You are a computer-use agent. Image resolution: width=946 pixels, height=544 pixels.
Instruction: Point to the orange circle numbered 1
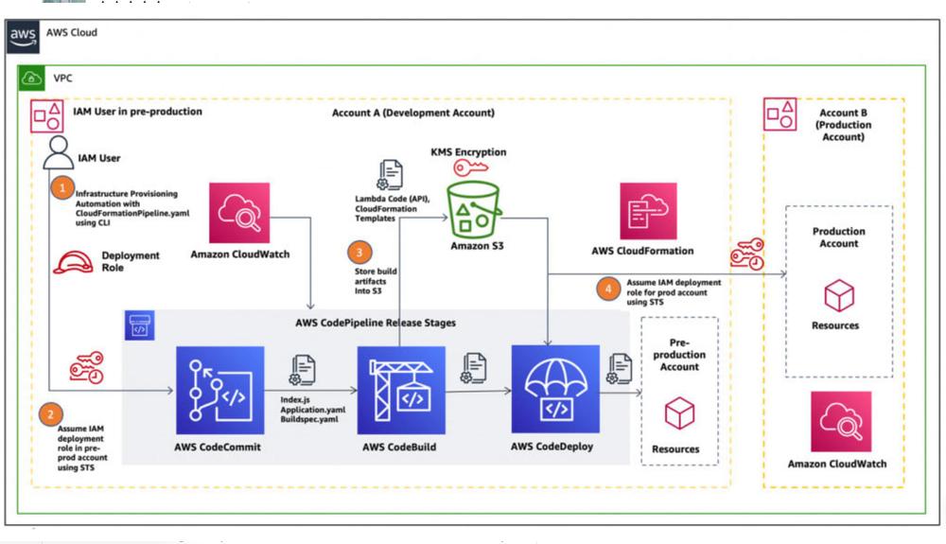pyautogui.click(x=62, y=188)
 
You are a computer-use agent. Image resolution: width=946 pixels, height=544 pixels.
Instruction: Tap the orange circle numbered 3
pyautogui.click(x=359, y=253)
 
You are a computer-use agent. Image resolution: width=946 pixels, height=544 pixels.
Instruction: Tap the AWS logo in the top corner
pyautogui.click(x=23, y=35)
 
